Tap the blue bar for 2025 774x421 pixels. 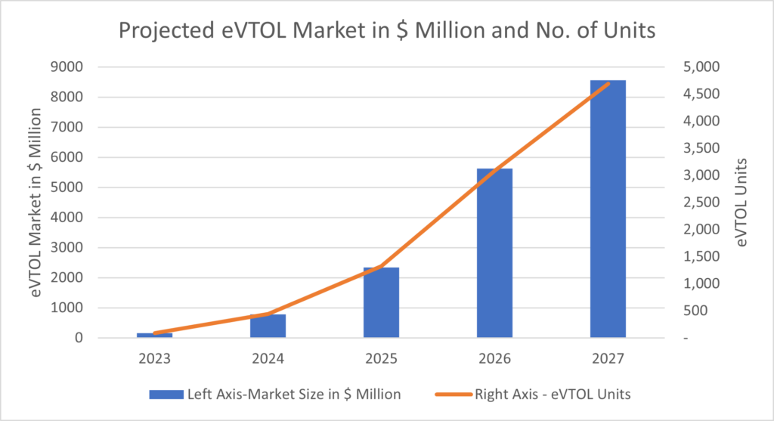click(381, 302)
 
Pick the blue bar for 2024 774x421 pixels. click(268, 326)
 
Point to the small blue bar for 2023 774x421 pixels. click(154, 335)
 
